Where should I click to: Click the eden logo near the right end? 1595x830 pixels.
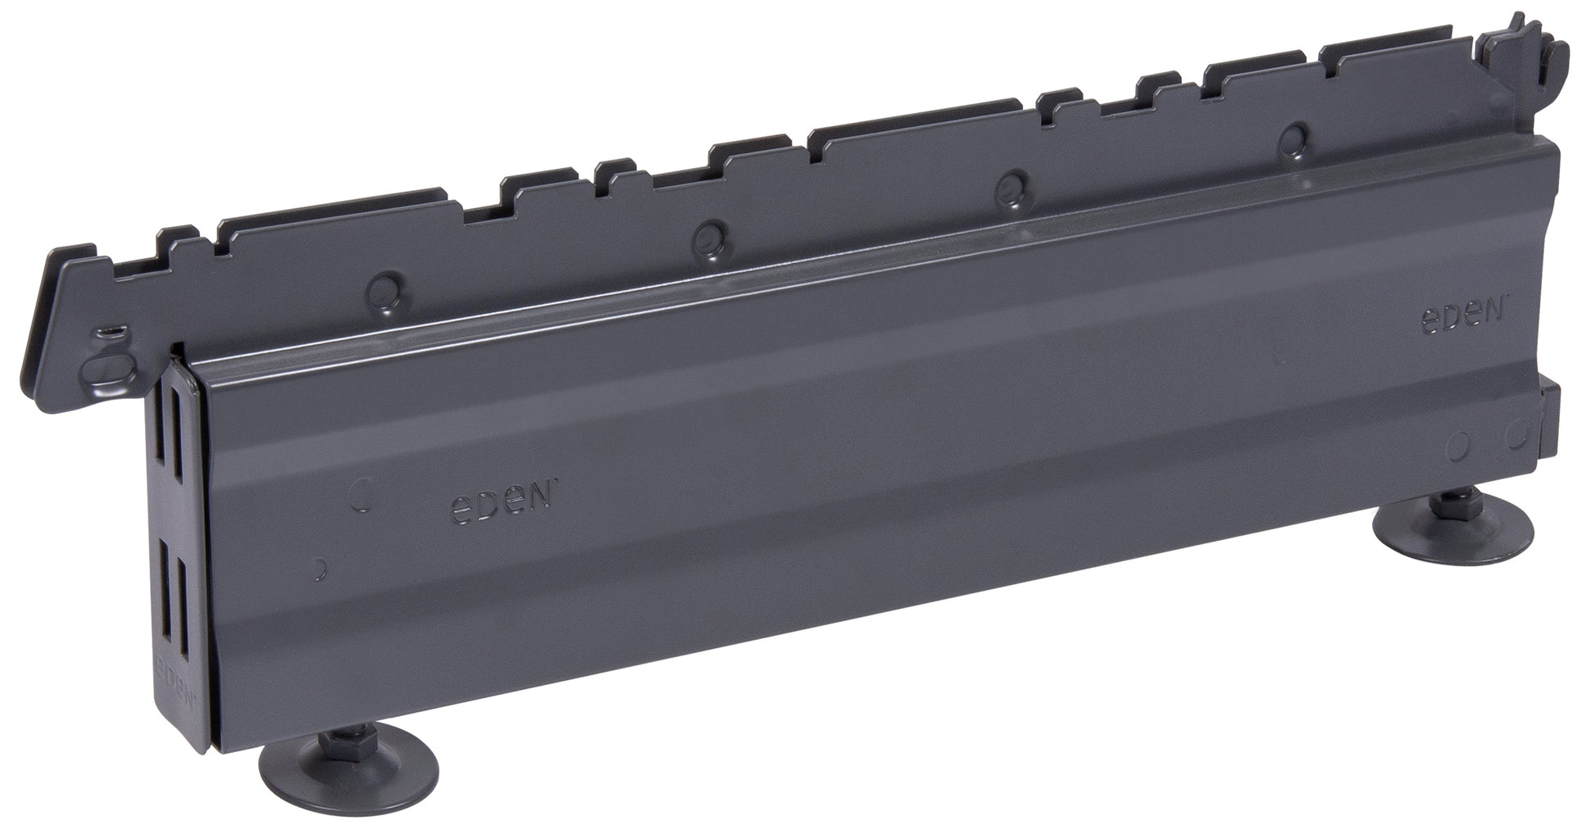[x=1462, y=317]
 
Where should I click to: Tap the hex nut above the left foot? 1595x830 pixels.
[x=313, y=742]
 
